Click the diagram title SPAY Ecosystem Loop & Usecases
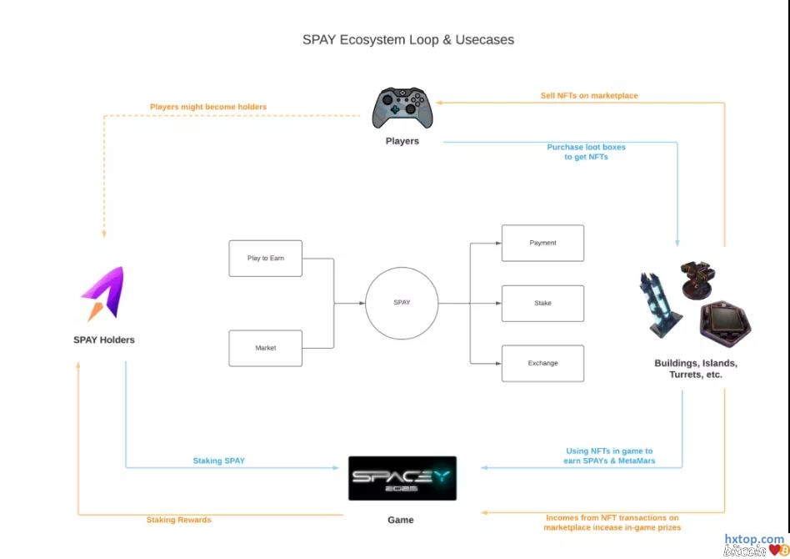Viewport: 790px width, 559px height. (408, 39)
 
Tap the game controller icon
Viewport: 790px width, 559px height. (402, 108)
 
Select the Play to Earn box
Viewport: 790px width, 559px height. (266, 259)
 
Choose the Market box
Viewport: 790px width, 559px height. (266, 348)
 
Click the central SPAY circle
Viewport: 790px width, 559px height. (402, 303)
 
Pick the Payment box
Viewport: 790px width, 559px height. (542, 243)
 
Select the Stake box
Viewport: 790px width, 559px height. (542, 304)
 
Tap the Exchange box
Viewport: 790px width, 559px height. (542, 364)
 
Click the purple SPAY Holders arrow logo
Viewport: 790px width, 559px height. (102, 294)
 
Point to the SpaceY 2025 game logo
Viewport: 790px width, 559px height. (402, 478)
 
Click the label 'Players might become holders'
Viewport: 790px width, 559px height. (208, 107)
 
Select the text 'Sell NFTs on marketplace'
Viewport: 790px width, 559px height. (589, 96)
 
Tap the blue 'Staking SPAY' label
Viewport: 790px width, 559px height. (219, 461)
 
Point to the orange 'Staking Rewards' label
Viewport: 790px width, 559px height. (179, 520)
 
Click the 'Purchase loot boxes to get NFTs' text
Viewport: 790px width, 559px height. (586, 152)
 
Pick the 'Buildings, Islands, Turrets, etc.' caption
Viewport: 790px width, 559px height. (696, 369)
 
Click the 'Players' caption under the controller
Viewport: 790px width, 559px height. (402, 141)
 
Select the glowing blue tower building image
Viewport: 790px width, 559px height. (661, 305)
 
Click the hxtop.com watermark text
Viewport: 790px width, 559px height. (754, 539)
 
